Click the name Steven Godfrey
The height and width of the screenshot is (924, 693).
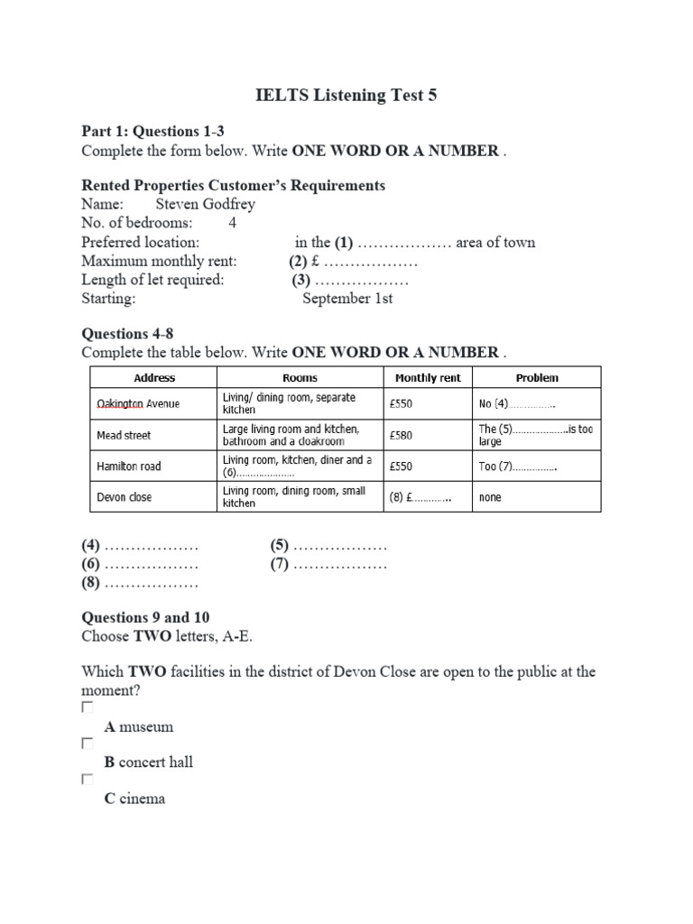(207, 204)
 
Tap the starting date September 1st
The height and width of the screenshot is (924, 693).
(347, 299)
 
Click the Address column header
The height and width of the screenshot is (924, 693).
(154, 378)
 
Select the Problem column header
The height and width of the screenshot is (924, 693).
(536, 378)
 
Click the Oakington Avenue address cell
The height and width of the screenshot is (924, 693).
(138, 403)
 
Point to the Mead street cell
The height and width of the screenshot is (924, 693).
(124, 435)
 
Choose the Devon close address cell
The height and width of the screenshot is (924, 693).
(125, 497)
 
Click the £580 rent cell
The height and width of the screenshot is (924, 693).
(401, 435)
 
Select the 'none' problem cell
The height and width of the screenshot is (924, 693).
(490, 497)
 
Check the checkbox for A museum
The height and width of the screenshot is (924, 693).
(88, 707)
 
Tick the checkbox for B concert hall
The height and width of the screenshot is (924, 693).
(88, 744)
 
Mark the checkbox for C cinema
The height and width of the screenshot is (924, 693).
(88, 779)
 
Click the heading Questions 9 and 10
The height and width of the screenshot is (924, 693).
(145, 617)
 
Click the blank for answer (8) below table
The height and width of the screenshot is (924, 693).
(151, 584)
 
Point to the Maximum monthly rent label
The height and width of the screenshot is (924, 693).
(159, 261)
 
